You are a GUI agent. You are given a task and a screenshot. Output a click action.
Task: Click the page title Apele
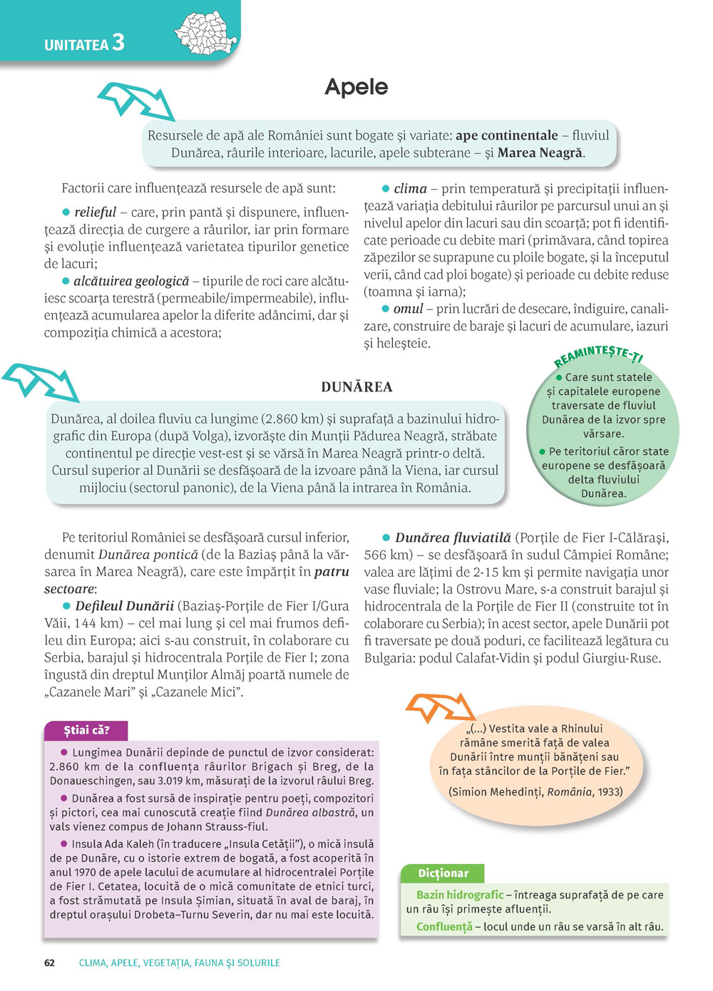click(356, 87)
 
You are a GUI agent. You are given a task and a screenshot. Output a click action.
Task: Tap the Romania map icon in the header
click(206, 33)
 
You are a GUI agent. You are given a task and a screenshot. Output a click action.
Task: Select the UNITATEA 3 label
click(84, 43)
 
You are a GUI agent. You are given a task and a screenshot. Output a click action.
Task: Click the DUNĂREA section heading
click(356, 387)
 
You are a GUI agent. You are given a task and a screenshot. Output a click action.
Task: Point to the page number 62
click(49, 962)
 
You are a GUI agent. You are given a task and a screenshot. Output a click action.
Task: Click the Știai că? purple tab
click(86, 730)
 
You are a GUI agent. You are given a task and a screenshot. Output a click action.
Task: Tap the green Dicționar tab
click(443, 873)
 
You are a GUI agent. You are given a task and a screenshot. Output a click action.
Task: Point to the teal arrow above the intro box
click(135, 100)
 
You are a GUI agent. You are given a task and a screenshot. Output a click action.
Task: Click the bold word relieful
click(95, 212)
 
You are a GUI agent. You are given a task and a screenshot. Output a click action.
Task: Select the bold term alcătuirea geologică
click(131, 281)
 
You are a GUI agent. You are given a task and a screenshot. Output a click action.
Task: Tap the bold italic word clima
click(410, 189)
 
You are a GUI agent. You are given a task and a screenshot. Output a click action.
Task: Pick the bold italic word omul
click(408, 309)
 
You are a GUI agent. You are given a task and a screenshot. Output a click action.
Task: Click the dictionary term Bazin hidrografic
click(460, 895)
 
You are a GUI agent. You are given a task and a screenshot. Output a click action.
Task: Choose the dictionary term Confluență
click(444, 927)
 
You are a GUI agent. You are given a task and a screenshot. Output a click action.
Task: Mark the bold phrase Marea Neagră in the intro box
click(540, 153)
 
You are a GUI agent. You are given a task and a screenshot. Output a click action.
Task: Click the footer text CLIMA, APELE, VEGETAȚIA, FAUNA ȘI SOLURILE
click(179, 962)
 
